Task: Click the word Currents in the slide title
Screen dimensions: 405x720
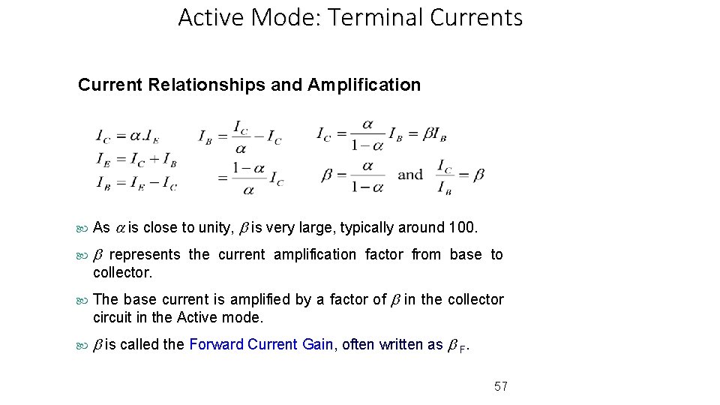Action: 477,17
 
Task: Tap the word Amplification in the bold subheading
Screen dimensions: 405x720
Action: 364,85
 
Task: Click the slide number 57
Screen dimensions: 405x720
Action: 501,386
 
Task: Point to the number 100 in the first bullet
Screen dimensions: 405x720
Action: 461,227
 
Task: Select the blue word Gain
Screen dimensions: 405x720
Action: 318,344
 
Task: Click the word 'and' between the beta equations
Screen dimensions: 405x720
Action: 410,175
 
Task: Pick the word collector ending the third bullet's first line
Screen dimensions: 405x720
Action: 475,299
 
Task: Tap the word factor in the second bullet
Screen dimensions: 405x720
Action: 384,254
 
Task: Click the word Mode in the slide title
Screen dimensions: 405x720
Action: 283,17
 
